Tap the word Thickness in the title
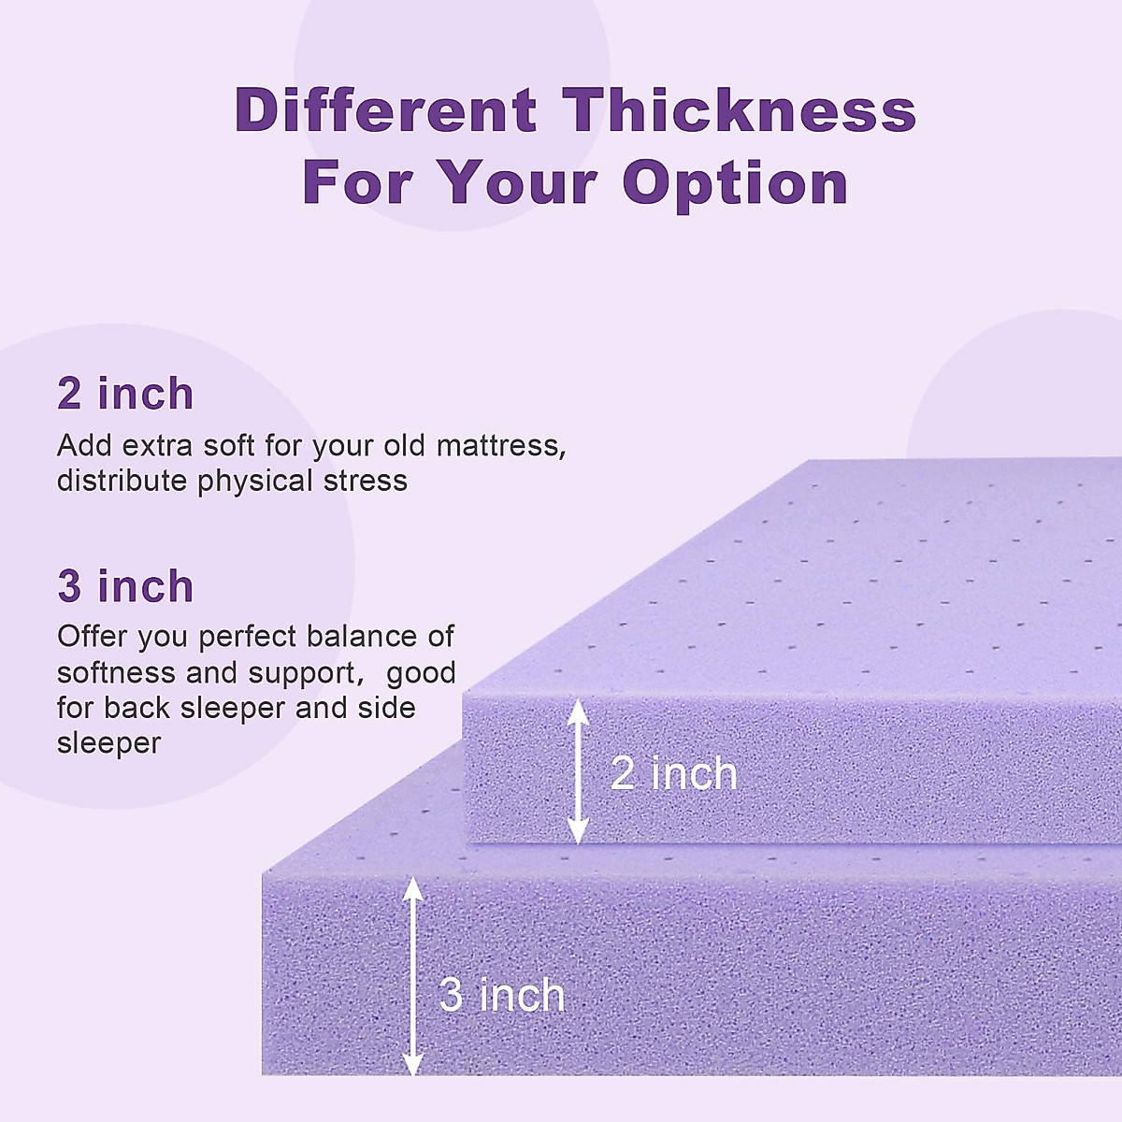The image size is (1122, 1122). pyautogui.click(x=739, y=109)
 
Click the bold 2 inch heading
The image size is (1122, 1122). pyautogui.click(x=125, y=394)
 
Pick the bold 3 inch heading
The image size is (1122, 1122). pyautogui.click(x=125, y=586)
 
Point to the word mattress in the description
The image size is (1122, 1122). pyautogui.click(x=501, y=446)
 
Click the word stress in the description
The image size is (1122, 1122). pyautogui.click(x=366, y=481)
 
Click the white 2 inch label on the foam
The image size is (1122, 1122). pyautogui.click(x=673, y=774)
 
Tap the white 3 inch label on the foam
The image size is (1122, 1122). pyautogui.click(x=502, y=995)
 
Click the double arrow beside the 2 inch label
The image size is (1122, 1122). pyautogui.click(x=578, y=771)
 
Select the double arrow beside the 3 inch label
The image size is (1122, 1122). pyautogui.click(x=412, y=975)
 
